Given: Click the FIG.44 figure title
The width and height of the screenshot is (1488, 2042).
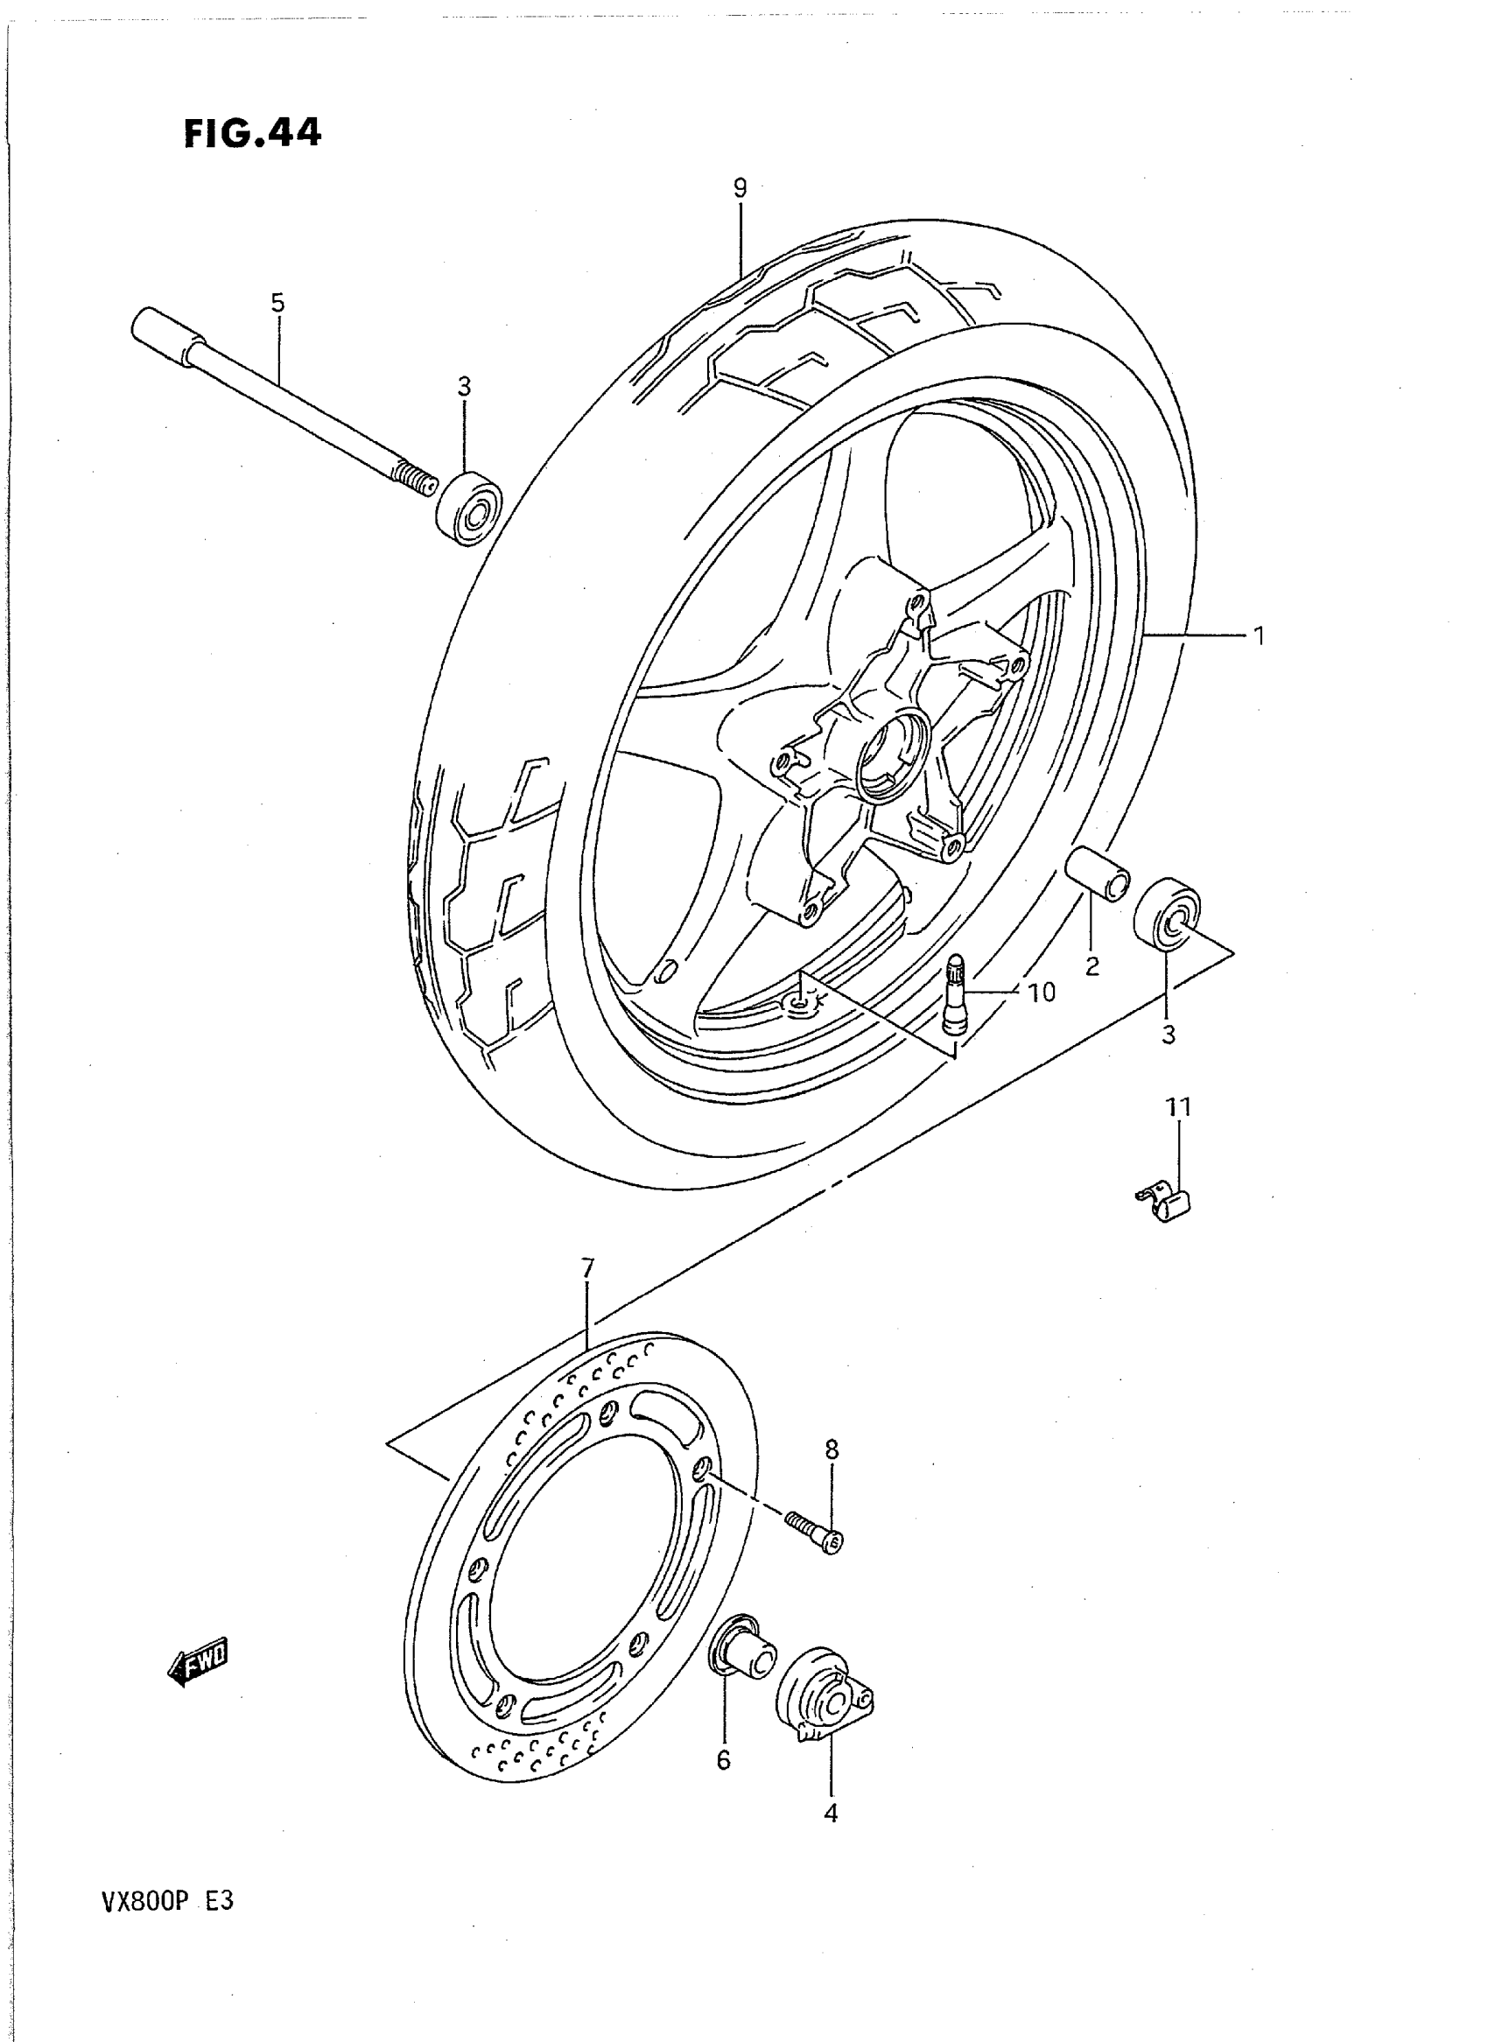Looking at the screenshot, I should click(x=252, y=134).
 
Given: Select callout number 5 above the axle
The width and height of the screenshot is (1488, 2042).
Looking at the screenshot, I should click(x=277, y=304).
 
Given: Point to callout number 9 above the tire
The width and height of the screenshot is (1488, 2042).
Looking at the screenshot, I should click(x=740, y=188).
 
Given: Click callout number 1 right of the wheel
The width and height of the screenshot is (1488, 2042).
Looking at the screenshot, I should click(x=1260, y=636).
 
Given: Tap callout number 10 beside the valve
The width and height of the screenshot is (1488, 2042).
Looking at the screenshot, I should click(x=1042, y=993).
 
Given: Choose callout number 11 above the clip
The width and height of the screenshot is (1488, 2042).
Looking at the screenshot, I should click(x=1179, y=1107).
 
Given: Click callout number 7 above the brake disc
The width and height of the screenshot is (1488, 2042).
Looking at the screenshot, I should click(x=587, y=1269).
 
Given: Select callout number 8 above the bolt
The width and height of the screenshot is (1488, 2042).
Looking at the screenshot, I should click(x=832, y=1450).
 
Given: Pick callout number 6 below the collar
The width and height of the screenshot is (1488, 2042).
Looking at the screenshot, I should click(x=724, y=1760).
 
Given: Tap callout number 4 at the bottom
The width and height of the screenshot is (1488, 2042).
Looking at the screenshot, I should click(x=831, y=1814).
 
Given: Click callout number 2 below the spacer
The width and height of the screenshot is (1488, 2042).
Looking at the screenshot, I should click(x=1092, y=966).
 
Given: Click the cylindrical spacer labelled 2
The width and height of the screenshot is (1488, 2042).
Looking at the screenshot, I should click(x=1096, y=872).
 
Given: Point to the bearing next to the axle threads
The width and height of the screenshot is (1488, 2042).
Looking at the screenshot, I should click(x=469, y=507).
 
